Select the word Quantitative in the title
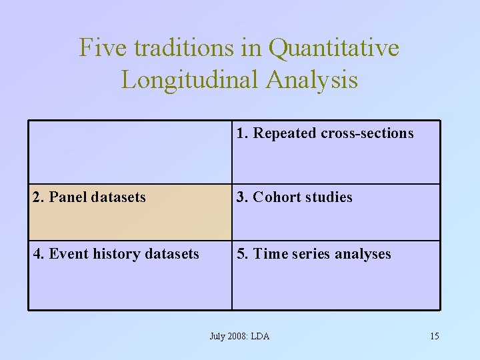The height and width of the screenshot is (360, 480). click(334, 48)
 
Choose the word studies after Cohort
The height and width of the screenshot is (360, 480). click(329, 197)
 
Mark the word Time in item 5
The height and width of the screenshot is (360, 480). click(270, 254)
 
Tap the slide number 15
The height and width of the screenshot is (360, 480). click(434, 336)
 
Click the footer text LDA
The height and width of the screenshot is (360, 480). click(260, 336)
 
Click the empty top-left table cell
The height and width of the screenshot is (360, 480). click(130, 152)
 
